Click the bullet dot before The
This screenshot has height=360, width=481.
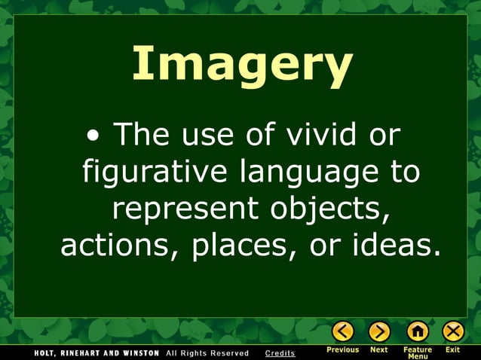click(x=93, y=138)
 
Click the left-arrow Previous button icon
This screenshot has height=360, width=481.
click(x=343, y=331)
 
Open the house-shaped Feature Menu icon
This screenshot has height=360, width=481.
click(x=417, y=331)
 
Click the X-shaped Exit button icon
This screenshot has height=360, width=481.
click(x=453, y=331)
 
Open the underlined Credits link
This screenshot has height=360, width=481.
click(x=280, y=353)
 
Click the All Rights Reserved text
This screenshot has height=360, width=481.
click(x=207, y=353)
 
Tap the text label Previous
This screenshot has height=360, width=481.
click(x=343, y=350)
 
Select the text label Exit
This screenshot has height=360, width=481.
click(x=453, y=350)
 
